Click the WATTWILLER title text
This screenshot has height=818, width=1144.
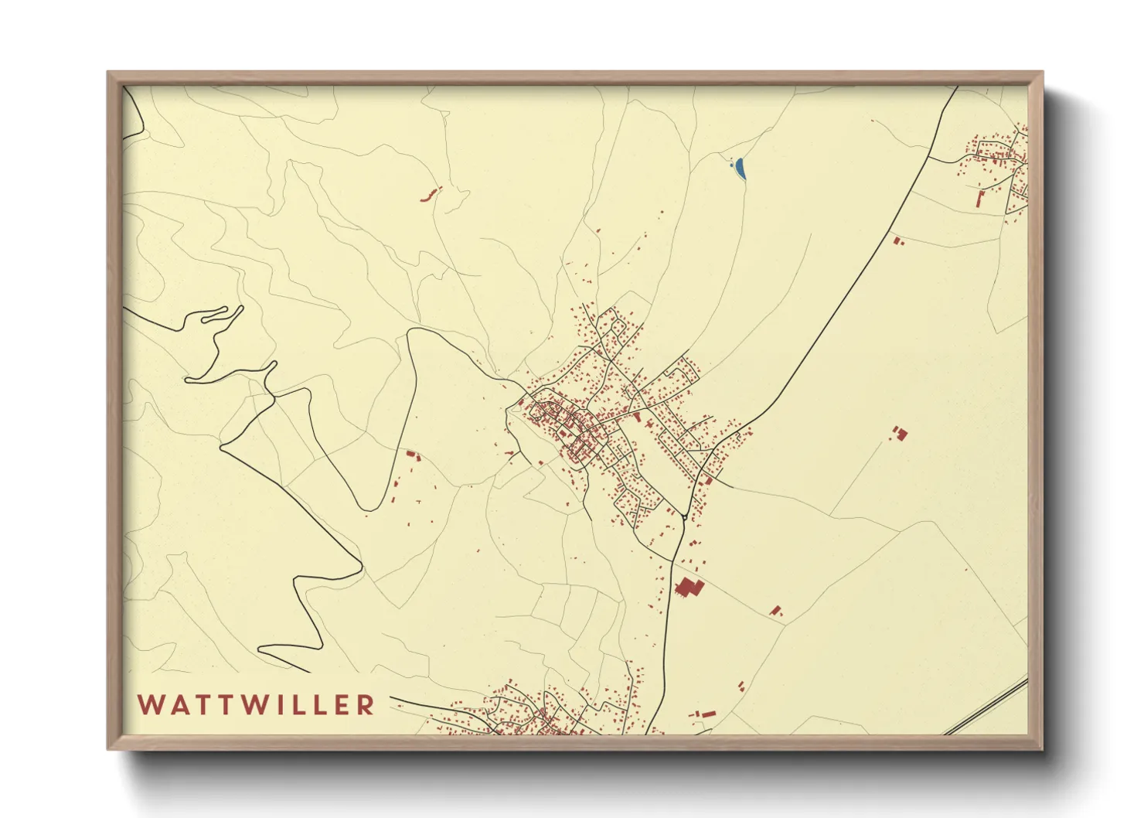coord(257,705)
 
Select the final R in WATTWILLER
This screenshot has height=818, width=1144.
coord(366,705)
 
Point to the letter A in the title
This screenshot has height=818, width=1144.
coord(175,705)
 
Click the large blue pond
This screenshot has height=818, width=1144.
coord(741,169)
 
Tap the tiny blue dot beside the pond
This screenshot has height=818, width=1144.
coord(730,162)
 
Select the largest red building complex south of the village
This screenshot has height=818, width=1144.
coord(688,588)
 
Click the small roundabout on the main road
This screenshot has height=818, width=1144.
coord(685,517)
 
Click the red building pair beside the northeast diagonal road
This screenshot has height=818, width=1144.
coord(897,242)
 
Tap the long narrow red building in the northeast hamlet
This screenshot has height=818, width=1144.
coord(981,199)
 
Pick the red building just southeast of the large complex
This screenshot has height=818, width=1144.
coord(777,611)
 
